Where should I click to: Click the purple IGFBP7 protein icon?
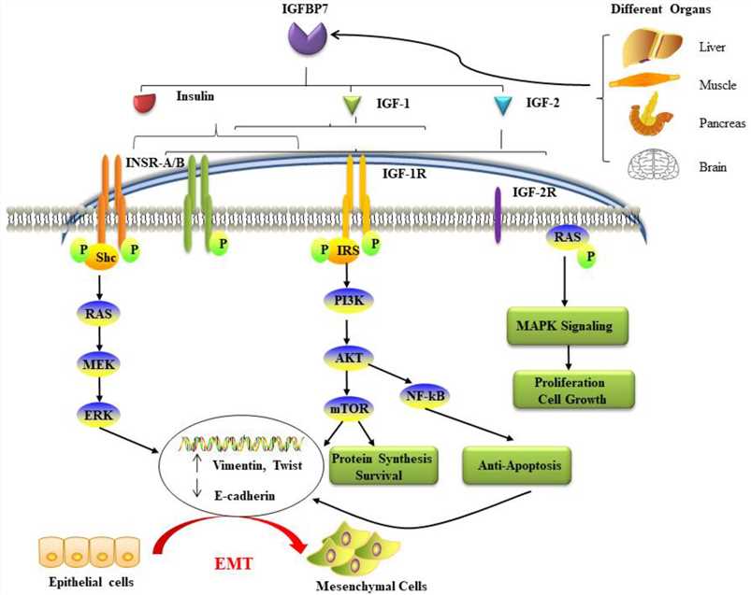tap(309, 40)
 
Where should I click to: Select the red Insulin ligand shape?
tap(144, 102)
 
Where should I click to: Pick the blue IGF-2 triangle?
tap(502, 106)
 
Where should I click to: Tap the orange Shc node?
tap(103, 264)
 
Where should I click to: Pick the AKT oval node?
tap(347, 359)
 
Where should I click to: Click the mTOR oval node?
tap(347, 408)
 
